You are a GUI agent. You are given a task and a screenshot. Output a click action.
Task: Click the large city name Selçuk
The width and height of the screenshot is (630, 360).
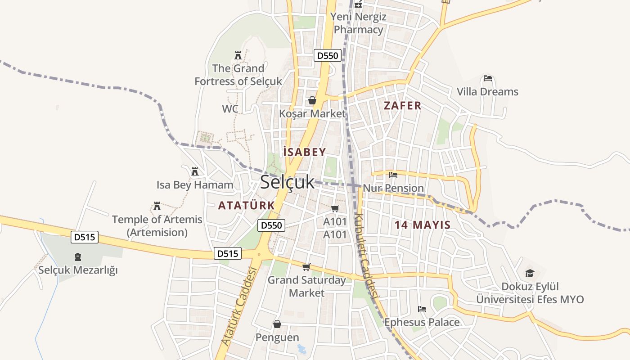287,182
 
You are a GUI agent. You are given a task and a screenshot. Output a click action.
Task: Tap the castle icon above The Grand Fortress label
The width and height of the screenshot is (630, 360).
238,55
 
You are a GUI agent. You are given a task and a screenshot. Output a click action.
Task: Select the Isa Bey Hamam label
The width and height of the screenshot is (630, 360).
195,184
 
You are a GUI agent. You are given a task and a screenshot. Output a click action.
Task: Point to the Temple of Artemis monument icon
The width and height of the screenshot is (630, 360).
157,206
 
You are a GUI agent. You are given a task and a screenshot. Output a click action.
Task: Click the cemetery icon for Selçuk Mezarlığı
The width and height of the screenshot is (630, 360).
78,257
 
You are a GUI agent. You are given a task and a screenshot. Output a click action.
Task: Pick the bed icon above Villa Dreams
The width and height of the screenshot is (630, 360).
487,78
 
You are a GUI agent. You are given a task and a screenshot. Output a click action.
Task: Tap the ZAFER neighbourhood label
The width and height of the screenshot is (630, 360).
402,106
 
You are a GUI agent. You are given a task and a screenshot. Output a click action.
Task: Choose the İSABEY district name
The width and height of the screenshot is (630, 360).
305,152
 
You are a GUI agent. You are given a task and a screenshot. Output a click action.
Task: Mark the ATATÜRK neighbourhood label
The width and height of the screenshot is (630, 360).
246,206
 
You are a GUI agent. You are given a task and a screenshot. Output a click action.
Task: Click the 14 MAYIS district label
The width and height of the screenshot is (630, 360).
423,225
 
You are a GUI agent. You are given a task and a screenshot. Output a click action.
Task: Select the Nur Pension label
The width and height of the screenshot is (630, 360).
393,188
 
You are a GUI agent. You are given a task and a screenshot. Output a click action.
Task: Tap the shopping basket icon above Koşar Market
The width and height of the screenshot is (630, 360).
312,100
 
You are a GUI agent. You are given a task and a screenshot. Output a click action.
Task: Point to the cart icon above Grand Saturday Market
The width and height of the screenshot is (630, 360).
306,267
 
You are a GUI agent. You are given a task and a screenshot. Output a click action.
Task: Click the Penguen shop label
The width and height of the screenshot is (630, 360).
277,337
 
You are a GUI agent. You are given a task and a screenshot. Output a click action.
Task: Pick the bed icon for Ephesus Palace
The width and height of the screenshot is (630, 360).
422,309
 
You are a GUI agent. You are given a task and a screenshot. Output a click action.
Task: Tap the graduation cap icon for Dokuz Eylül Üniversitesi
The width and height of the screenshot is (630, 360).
530,273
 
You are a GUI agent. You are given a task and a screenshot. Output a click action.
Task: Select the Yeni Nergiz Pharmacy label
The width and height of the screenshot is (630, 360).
359,23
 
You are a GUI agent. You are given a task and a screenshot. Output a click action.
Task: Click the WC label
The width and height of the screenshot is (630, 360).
230,109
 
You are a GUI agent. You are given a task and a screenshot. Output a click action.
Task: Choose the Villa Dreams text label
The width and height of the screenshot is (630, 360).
487,92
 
